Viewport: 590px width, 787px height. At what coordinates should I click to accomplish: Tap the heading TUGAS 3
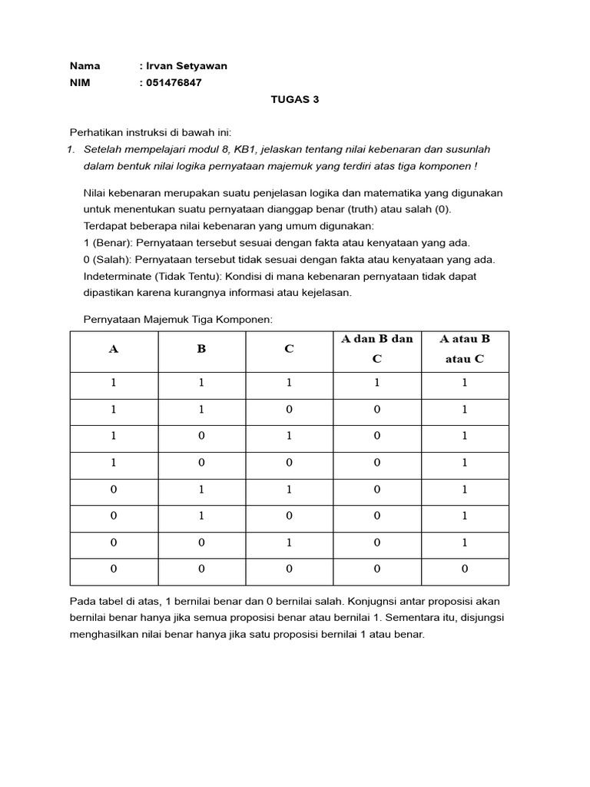(295, 99)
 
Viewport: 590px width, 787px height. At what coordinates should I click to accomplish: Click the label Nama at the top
(85, 66)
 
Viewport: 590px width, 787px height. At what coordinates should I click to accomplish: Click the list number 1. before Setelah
(73, 149)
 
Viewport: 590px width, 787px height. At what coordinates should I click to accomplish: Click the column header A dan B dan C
(376, 348)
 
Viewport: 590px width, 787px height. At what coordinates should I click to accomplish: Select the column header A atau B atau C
(464, 348)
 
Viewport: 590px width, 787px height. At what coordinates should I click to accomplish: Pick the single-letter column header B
(201, 348)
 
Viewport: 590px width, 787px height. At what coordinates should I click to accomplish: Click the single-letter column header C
(289, 348)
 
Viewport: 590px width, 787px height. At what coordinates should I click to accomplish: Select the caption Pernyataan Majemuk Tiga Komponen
(177, 319)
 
